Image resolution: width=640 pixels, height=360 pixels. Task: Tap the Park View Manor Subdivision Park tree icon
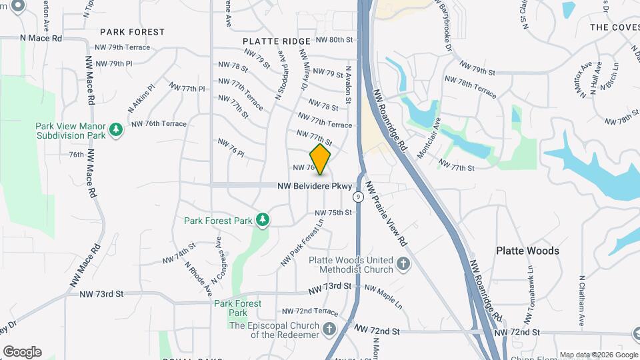pyautogui.click(x=117, y=129)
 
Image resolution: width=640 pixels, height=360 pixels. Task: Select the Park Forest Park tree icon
pyautogui.click(x=263, y=219)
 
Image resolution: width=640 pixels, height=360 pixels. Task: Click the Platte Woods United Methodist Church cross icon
pyautogui.click(x=403, y=263)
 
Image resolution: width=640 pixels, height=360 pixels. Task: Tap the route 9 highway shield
pyautogui.click(x=359, y=197)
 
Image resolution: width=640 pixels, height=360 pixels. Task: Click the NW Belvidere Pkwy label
pyautogui.click(x=315, y=187)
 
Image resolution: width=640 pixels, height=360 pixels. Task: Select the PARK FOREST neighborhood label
pyautogui.click(x=132, y=32)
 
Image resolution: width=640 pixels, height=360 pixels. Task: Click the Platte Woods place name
pyautogui.click(x=527, y=251)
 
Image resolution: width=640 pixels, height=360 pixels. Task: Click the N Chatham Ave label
pyautogui.click(x=582, y=301)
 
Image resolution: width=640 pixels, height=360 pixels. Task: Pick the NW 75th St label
pyautogui.click(x=333, y=213)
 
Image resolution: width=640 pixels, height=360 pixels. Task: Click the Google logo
pyautogui.click(x=22, y=352)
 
